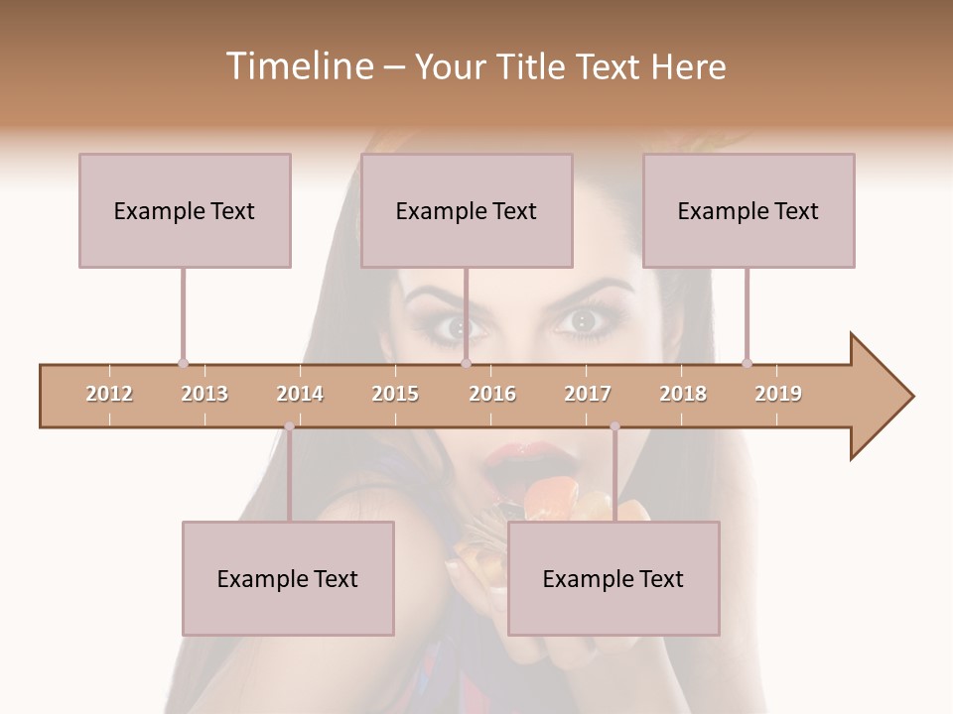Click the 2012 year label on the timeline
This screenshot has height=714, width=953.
click(x=109, y=394)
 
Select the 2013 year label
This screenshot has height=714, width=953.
click(x=204, y=394)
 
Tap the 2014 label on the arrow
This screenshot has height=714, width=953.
click(x=300, y=394)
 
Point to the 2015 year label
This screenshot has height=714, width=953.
click(x=395, y=394)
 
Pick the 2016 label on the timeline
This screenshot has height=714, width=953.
click(x=492, y=394)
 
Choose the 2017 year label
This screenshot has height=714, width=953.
click(x=588, y=394)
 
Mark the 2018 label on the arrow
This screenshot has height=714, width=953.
click(x=683, y=394)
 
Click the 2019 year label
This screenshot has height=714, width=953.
click(x=778, y=394)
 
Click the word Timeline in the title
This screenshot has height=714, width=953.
click(x=298, y=66)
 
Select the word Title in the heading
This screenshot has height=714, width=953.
click(x=532, y=66)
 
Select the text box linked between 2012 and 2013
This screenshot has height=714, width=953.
click(x=185, y=210)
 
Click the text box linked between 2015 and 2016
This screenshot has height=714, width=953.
click(x=467, y=210)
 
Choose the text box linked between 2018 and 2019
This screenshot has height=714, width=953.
click(x=749, y=210)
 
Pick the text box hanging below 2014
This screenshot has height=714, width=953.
click(x=288, y=578)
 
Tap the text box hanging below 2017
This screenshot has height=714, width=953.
click(x=613, y=578)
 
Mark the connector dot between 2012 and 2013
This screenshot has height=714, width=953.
click(x=183, y=363)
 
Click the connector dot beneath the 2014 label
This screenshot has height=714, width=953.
click(x=289, y=426)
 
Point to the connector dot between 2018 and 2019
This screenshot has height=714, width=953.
click(x=747, y=363)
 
